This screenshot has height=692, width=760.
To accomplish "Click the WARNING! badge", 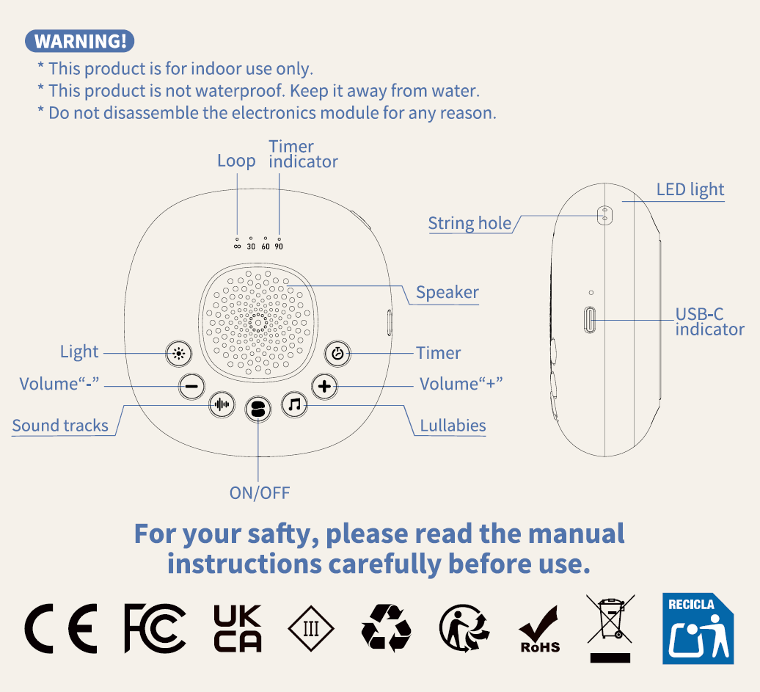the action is point(79,41).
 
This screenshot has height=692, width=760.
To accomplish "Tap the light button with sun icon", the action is point(179,354).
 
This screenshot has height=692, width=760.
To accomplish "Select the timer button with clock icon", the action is point(337,354).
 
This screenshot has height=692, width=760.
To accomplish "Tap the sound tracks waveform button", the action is point(222,404).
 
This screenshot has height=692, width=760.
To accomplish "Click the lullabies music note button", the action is point(295,404).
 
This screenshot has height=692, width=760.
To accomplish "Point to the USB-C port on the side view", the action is point(590,320).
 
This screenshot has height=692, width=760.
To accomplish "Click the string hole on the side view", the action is point(604,215).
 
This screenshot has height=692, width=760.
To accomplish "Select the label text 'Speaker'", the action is point(447,292).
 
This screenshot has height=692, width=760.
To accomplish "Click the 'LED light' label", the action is point(690,189).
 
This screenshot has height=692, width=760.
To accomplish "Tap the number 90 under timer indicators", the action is point(279,247).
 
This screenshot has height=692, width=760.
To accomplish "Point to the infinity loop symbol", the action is point(237,247).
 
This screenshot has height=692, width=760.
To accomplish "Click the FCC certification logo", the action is point(155,628).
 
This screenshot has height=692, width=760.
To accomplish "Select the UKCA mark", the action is point(238,628).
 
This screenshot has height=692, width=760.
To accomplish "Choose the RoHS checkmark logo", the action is point(539,630).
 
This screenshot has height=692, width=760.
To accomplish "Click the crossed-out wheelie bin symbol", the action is point(610,628).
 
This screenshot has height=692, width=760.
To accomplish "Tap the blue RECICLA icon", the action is point(698,628).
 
